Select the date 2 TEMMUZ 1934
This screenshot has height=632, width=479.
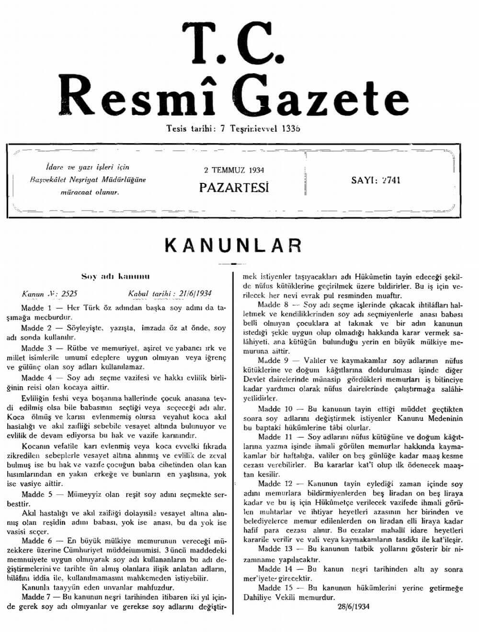(x=234, y=170)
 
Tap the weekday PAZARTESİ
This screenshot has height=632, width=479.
(x=234, y=187)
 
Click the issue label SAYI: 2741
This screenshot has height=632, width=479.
(x=376, y=181)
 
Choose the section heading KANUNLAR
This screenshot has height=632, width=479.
(x=233, y=246)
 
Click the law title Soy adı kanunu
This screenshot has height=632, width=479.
(x=116, y=277)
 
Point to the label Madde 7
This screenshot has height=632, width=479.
(x=39, y=597)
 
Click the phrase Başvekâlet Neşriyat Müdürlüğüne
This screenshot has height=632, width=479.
(x=88, y=180)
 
